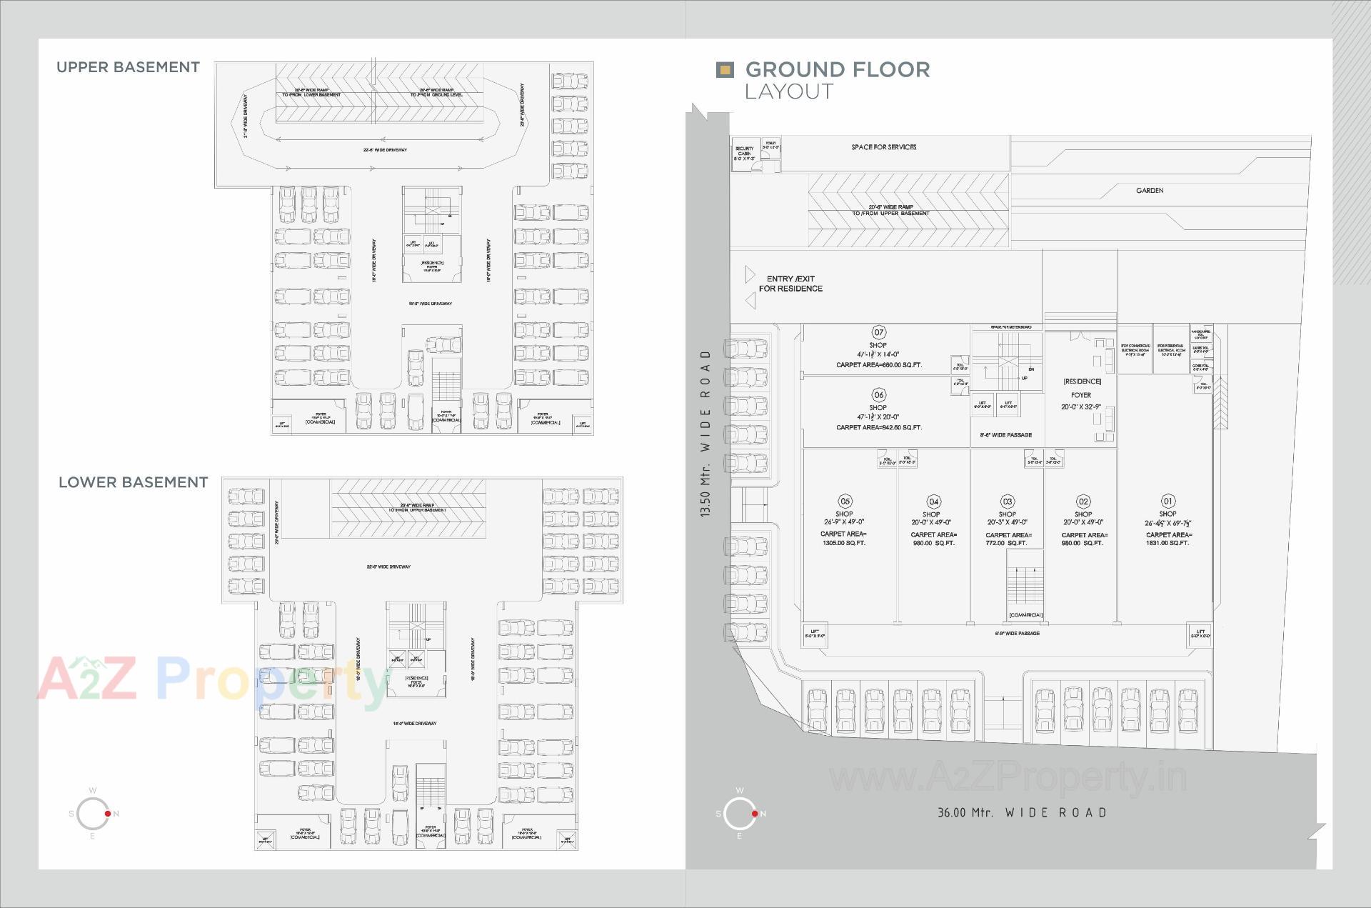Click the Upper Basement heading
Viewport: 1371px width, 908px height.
(x=128, y=67)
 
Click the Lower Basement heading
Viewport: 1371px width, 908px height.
(x=133, y=482)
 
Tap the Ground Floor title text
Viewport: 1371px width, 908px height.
(x=837, y=70)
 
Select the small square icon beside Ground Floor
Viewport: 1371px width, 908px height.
(x=725, y=69)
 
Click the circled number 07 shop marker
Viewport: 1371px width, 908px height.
(x=878, y=332)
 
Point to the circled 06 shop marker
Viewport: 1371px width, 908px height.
(x=878, y=394)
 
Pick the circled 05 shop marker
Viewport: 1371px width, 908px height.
(x=845, y=501)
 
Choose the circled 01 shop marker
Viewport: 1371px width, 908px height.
(x=1167, y=501)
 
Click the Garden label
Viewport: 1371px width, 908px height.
(x=1150, y=191)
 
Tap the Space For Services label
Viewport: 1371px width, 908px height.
(x=883, y=147)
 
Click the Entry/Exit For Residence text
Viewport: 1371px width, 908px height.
(x=790, y=284)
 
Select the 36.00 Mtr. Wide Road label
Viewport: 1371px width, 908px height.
(x=1022, y=812)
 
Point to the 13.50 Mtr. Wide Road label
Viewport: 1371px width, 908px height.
(x=705, y=433)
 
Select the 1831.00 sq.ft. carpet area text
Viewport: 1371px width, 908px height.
(x=1167, y=543)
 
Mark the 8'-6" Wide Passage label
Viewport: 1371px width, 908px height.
(x=1005, y=434)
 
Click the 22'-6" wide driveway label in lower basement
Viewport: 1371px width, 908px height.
(x=388, y=567)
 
